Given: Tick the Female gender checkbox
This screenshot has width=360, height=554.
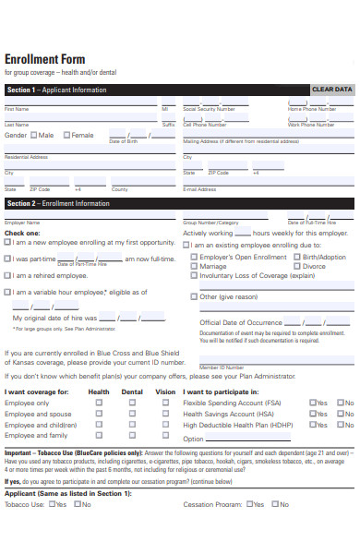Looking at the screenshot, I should pyautogui.click(x=66, y=135).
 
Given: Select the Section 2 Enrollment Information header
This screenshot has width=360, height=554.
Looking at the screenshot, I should pyautogui.click(x=58, y=203).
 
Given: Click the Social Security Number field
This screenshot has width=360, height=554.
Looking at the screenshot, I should pyautogui.click(x=231, y=102).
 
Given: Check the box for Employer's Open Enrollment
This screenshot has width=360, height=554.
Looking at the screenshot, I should pyautogui.click(x=194, y=258).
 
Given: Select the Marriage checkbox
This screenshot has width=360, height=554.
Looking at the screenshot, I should pyautogui.click(x=194, y=266).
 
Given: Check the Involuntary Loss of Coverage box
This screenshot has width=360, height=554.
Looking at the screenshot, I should pyautogui.click(x=194, y=275).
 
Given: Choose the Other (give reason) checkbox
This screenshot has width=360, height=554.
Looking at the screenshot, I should pyautogui.click(x=194, y=296).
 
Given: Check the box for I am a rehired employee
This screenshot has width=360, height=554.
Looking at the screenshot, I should pyautogui.click(x=8, y=275).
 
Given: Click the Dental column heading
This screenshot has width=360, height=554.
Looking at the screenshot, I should pyautogui.click(x=132, y=391).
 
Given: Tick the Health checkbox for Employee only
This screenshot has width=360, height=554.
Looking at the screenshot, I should pyautogui.click(x=100, y=403).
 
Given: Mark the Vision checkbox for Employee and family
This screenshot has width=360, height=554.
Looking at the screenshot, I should pyautogui.click(x=165, y=435).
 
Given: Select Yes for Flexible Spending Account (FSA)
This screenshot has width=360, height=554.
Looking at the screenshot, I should pyautogui.click(x=313, y=403).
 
